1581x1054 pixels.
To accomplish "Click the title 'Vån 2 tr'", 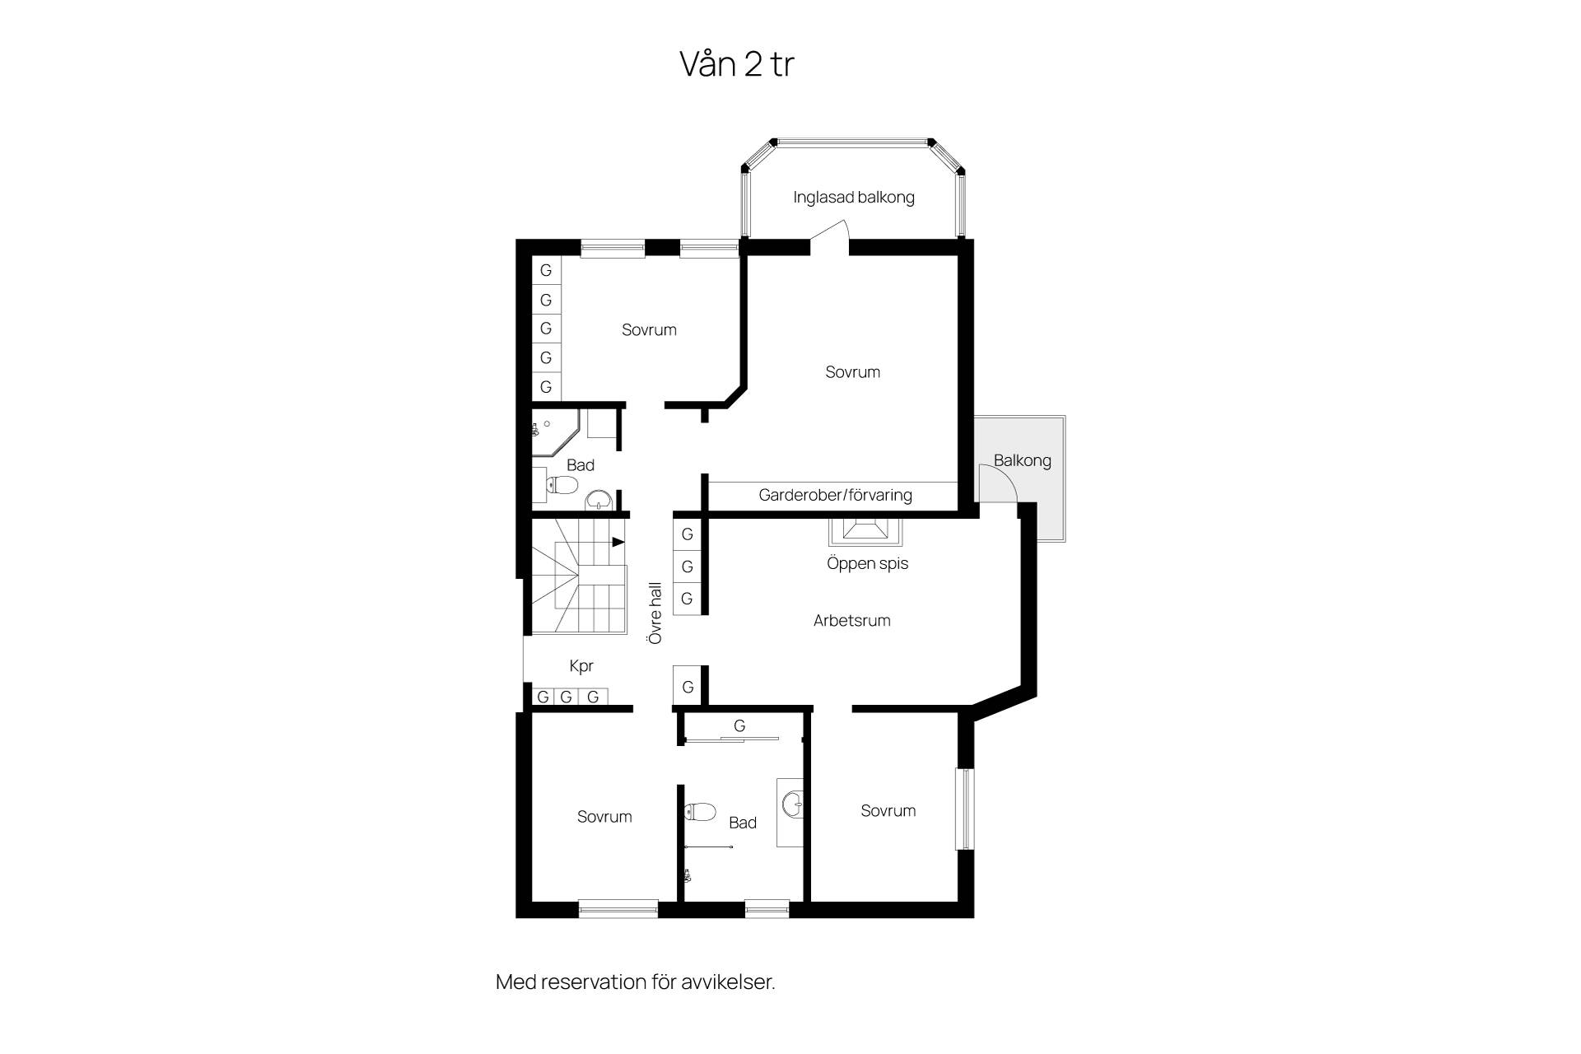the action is (x=736, y=63).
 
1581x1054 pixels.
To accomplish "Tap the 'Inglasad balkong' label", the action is (x=854, y=198).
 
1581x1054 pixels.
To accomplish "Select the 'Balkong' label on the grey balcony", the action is (x=1022, y=460).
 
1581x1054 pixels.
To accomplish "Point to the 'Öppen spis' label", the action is (x=867, y=564).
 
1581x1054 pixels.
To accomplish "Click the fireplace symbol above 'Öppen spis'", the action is (x=865, y=532).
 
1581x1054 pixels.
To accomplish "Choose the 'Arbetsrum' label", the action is (x=851, y=621).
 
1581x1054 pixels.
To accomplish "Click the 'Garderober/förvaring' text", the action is (x=835, y=495).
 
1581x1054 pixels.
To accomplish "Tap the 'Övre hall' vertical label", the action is (x=655, y=613).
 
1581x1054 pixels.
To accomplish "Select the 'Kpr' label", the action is (x=581, y=666).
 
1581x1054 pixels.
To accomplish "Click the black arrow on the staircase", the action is (x=618, y=542).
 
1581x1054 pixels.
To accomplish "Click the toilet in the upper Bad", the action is (x=561, y=485).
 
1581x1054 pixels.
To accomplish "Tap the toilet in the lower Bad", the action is (x=701, y=813).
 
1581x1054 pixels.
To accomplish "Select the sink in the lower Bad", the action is (x=792, y=804).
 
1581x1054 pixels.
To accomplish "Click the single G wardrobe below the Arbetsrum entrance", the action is (x=687, y=686).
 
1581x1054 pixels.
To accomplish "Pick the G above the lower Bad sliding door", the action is (x=739, y=726).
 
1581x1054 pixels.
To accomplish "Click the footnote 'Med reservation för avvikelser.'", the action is (x=636, y=982).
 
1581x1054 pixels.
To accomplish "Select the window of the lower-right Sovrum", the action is (x=964, y=809).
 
